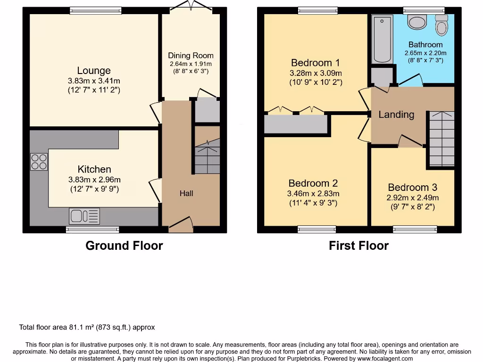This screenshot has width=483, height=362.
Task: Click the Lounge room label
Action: pyautogui.click(x=94, y=71)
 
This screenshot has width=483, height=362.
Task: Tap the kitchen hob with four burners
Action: pyautogui.click(x=39, y=162)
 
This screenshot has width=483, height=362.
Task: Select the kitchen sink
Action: pyautogui.click(x=85, y=216)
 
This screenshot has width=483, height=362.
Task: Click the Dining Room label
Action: pyautogui.click(x=191, y=56)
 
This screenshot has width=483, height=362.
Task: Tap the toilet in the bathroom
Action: pyautogui.click(x=441, y=25)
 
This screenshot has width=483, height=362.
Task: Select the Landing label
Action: pyautogui.click(x=396, y=115)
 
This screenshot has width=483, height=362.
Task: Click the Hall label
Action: pyautogui.click(x=186, y=193)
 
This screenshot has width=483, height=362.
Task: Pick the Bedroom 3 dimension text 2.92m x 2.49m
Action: pyautogui.click(x=413, y=198)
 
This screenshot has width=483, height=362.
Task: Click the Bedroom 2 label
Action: pyautogui.click(x=313, y=183)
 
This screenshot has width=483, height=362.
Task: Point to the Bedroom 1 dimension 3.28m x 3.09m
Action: pyautogui.click(x=316, y=73)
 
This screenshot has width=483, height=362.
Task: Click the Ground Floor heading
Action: pyautogui.click(x=124, y=246)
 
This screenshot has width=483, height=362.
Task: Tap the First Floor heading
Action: pyautogui.click(x=358, y=246)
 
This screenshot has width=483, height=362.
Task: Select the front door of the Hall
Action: pyautogui.click(x=181, y=224)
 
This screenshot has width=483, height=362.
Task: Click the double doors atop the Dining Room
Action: pyautogui.click(x=191, y=6)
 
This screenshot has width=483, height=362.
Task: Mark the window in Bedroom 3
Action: pyautogui.click(x=415, y=229)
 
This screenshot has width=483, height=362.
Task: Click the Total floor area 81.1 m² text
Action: pyautogui.click(x=87, y=327)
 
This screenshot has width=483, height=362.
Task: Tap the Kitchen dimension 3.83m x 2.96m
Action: pyautogui.click(x=94, y=180)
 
